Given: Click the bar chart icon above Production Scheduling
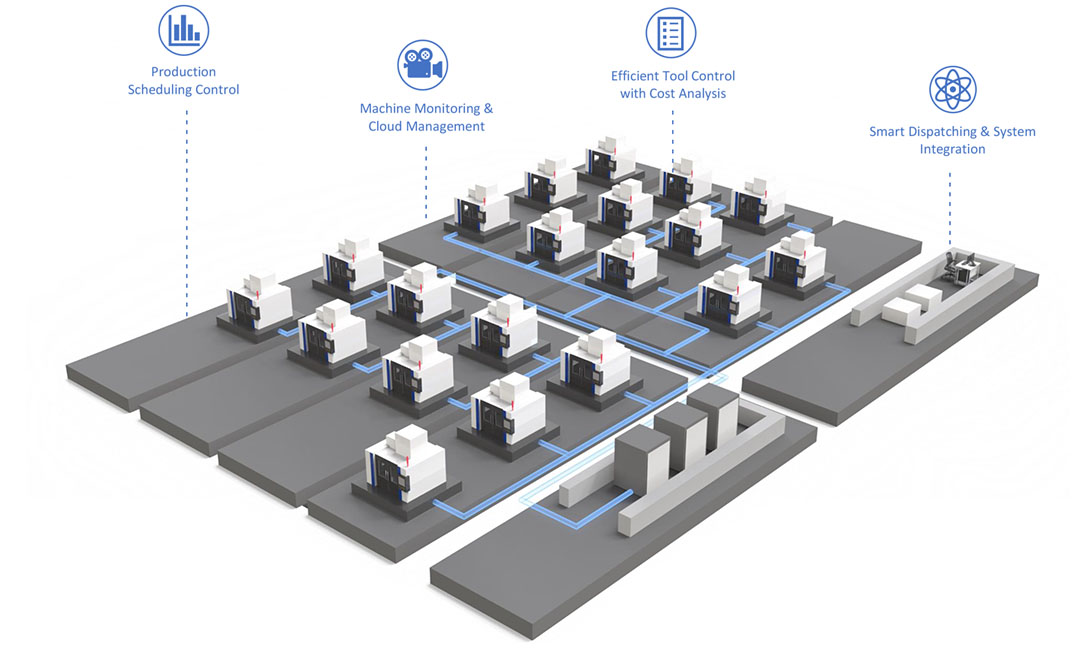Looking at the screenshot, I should [x=183, y=30].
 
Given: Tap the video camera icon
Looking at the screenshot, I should [x=422, y=65].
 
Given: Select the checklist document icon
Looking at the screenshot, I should [x=670, y=32].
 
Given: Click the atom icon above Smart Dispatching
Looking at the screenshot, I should [x=952, y=89].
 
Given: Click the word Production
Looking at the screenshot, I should [x=183, y=72].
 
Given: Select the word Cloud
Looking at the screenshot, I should [x=388, y=127].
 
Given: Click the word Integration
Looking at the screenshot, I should [x=952, y=150].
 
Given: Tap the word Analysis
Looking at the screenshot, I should [x=701, y=94].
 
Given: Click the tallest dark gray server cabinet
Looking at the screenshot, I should [x=714, y=419].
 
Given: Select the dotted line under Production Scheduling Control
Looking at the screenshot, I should [x=187, y=210].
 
